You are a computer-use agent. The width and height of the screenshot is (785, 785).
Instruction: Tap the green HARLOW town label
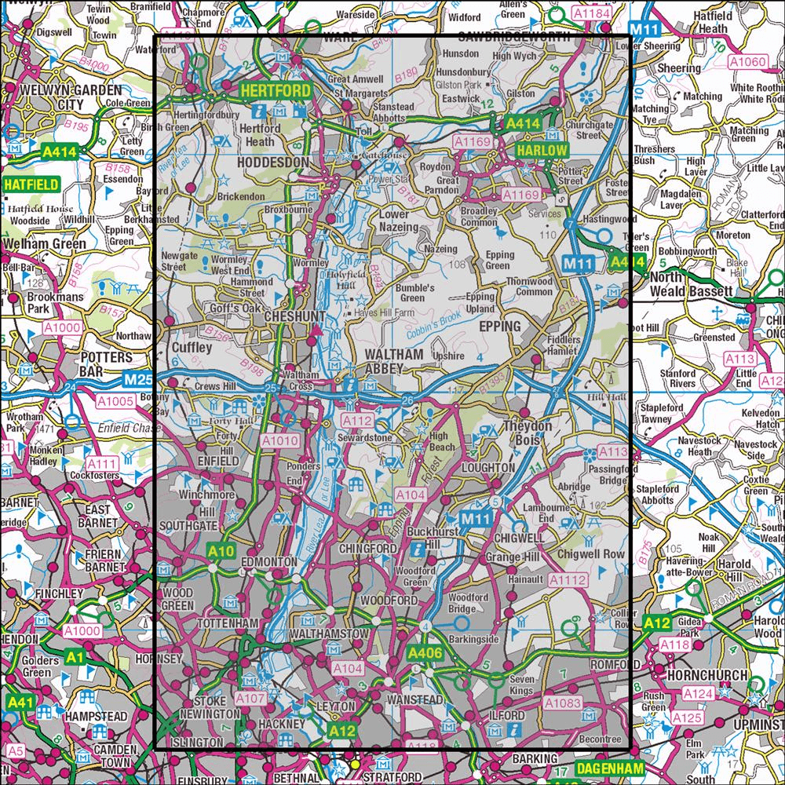(541, 150)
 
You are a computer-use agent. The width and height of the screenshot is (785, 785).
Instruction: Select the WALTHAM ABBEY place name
(395, 361)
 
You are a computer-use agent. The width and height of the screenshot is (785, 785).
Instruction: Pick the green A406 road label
(425, 652)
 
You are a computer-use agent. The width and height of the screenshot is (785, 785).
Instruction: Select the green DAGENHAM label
(608, 768)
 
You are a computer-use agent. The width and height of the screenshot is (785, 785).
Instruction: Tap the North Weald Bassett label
(688, 285)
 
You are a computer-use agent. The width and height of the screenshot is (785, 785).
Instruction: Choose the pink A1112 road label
(568, 580)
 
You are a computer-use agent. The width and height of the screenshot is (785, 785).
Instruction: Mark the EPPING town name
(499, 326)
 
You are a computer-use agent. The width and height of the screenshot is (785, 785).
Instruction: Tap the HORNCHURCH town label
(701, 674)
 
